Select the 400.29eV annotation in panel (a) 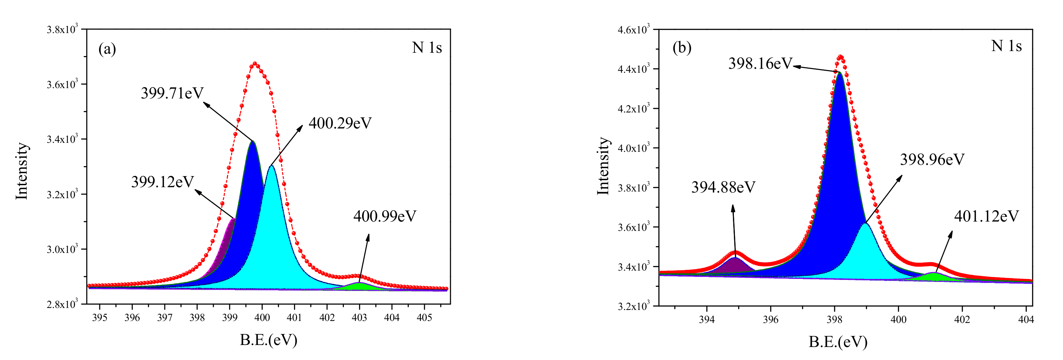(x=340, y=123)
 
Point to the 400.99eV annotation (x=384, y=216)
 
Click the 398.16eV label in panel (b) (x=760, y=64)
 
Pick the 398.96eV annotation (x=932, y=160)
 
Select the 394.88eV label (x=723, y=188)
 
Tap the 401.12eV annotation (x=986, y=216)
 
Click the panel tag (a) (x=107, y=49)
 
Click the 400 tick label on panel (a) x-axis (x=262, y=318)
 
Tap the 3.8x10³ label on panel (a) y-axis (x=62, y=29)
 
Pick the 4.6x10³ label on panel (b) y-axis (x=633, y=29)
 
